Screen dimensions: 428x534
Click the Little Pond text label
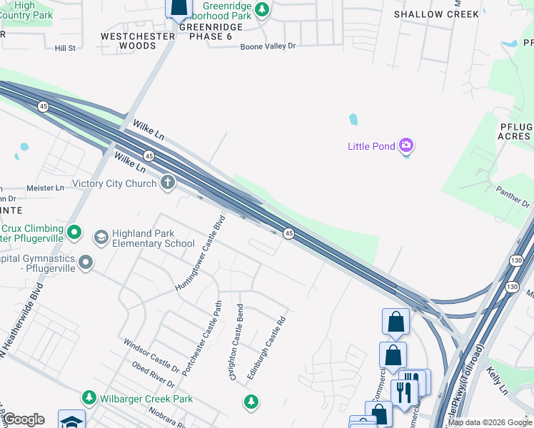pyautogui.click(x=371, y=147)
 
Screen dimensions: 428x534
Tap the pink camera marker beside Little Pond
pyautogui.click(x=406, y=146)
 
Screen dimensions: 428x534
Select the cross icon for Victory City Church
pyautogui.click(x=168, y=183)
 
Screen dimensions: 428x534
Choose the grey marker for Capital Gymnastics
pyautogui.click(x=86, y=263)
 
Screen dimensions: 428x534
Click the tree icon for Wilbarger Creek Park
pyautogui.click(x=89, y=397)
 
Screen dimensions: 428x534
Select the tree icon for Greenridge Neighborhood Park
pyautogui.click(x=263, y=10)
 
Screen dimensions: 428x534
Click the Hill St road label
pyautogui.click(x=65, y=48)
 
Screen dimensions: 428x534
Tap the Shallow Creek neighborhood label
pyautogui.click(x=437, y=14)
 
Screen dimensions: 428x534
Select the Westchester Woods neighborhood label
pyautogui.click(x=138, y=41)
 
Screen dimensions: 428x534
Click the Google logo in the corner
pyautogui.click(x=23, y=419)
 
